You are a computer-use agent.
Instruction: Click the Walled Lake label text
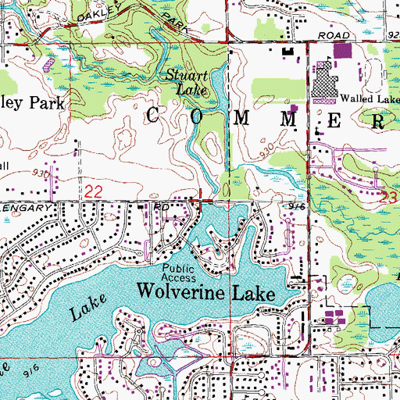tap(369, 98)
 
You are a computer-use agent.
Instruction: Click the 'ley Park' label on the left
tap(31, 103)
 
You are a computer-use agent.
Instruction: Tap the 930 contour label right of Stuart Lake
tap(268, 148)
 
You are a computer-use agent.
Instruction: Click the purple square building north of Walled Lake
tap(341, 52)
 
